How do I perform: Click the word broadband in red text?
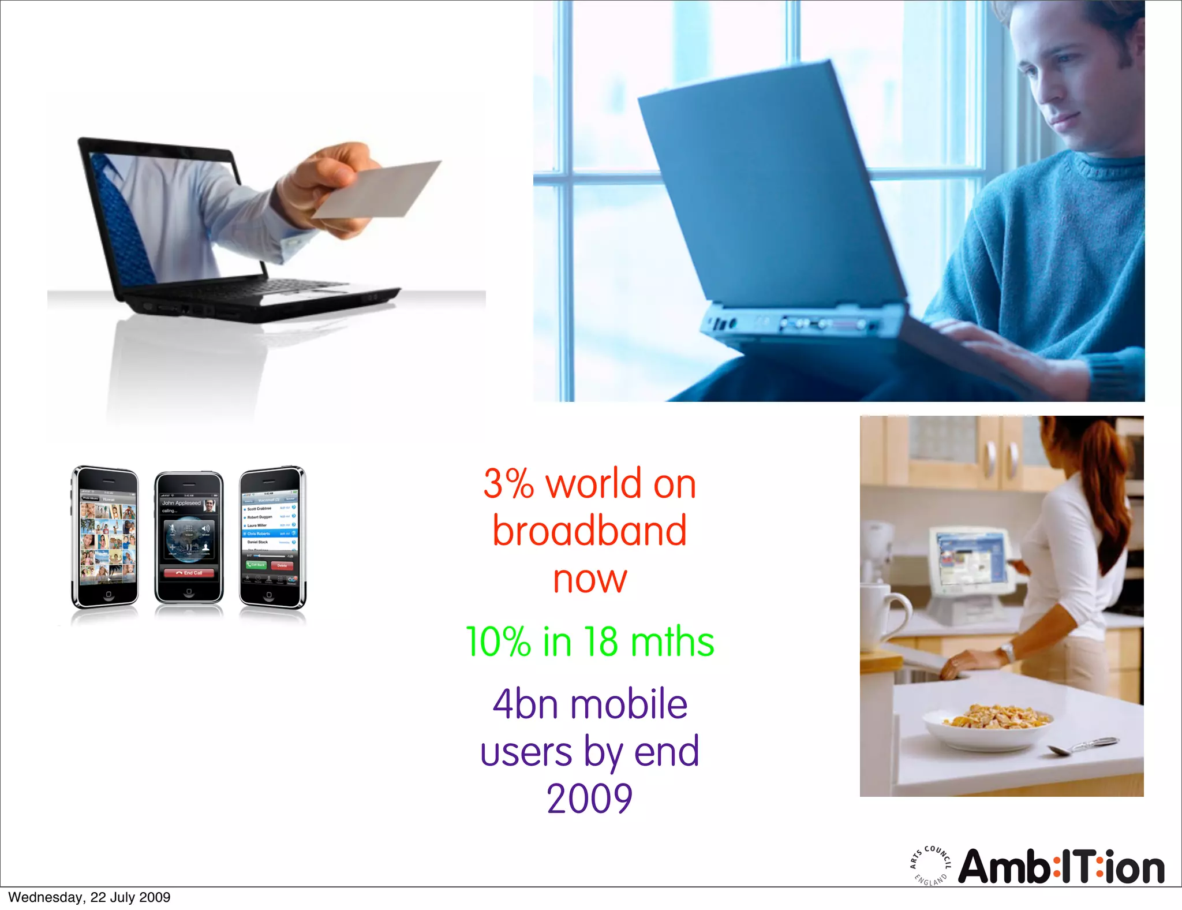pyautogui.click(x=589, y=531)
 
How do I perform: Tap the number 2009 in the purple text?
pyautogui.click(x=589, y=799)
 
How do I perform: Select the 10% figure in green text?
pyautogui.click(x=498, y=642)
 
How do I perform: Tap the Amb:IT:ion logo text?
pyautogui.click(x=1061, y=867)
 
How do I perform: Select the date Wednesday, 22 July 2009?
pyautogui.click(x=89, y=897)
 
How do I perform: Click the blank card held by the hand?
pyautogui.click(x=378, y=189)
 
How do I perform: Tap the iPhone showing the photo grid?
pyautogui.click(x=106, y=537)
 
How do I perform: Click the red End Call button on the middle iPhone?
pyautogui.click(x=189, y=573)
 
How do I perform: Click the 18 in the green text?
pyautogui.click(x=601, y=642)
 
